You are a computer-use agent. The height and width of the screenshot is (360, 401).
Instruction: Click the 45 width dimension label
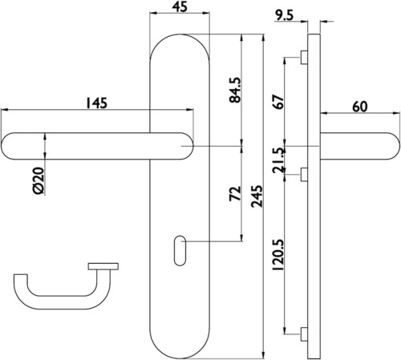click(180, 6)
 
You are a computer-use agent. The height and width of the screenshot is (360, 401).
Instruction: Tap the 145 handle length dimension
click(96, 103)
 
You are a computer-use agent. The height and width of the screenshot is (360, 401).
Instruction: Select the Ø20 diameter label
click(38, 181)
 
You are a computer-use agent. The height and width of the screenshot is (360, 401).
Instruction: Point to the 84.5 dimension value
click(235, 91)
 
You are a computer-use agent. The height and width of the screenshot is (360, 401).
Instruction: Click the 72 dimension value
click(235, 193)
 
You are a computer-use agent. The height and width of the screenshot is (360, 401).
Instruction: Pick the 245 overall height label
click(257, 196)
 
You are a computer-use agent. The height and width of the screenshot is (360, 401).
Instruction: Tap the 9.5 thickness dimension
click(284, 16)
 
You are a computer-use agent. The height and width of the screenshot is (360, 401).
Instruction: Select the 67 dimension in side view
click(278, 102)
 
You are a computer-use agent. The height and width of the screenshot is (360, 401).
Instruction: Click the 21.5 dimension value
click(278, 160)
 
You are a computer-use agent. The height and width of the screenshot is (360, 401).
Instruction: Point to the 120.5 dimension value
click(278, 255)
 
